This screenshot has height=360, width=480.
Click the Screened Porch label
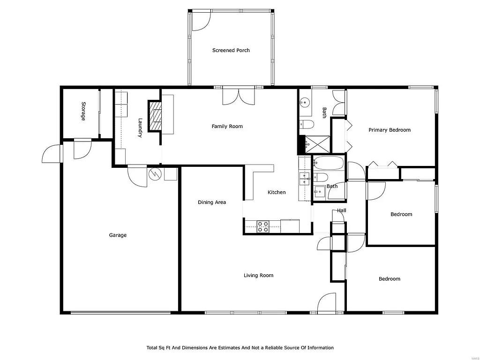231,50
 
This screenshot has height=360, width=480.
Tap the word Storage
83,112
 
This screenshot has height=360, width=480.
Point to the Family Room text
227,126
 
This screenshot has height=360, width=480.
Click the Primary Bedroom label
389,130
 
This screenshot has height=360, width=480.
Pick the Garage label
118,235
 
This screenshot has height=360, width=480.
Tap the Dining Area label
212,202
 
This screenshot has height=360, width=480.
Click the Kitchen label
277,192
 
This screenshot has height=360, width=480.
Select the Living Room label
258,276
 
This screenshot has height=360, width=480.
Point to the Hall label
342,211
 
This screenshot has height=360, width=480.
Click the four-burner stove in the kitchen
263,226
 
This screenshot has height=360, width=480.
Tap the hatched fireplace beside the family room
155,116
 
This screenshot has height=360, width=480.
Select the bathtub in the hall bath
329,163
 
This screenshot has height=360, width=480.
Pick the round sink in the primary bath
305,102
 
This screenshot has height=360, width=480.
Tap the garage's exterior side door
52,154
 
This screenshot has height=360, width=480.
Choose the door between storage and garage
82,148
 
